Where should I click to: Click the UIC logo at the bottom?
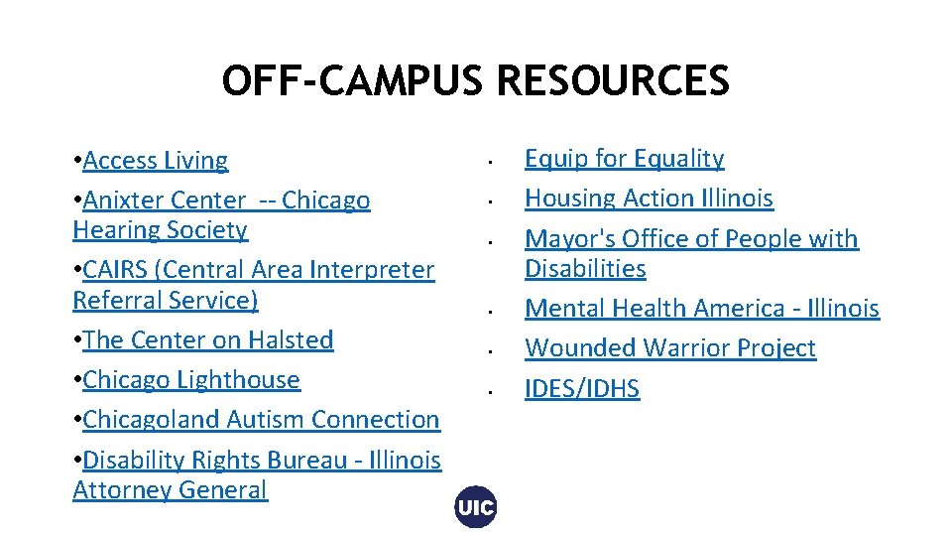point(476,508)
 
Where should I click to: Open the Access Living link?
point(156,161)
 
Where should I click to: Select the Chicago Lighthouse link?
point(191,380)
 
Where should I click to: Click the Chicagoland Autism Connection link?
point(261,420)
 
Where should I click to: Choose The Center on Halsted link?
point(208,340)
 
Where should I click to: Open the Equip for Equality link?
point(624,159)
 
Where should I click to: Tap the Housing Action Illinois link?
point(649,199)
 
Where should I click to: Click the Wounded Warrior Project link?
point(669,348)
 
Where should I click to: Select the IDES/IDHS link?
point(582,389)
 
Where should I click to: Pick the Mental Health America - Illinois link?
point(701,309)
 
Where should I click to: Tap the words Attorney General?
point(170,490)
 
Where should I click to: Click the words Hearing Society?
point(160,230)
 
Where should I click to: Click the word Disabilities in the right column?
point(585,269)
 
